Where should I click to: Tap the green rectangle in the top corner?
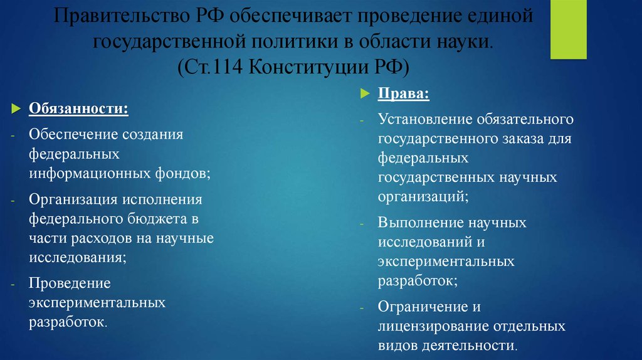[x=569, y=29]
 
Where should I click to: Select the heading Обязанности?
[x=78, y=109]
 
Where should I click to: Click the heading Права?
[x=403, y=94]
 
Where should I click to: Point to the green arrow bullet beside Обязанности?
[x=17, y=109]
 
